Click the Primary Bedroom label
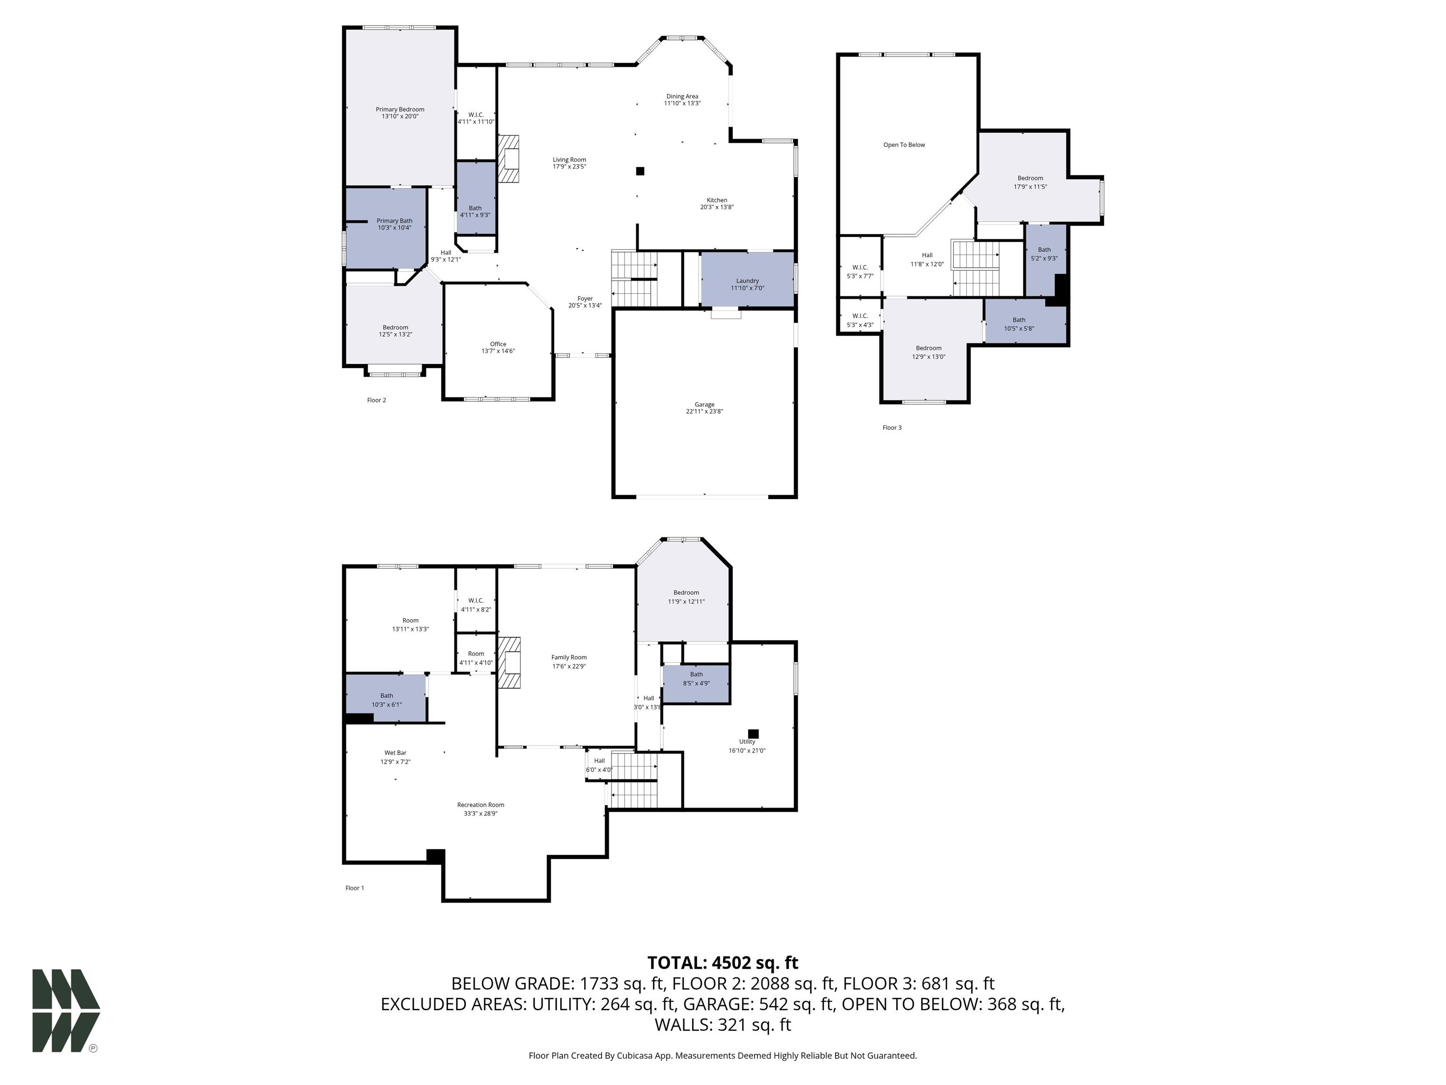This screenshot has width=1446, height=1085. click(400, 110)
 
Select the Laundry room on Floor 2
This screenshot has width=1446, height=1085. click(747, 281)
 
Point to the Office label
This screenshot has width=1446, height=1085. click(498, 344)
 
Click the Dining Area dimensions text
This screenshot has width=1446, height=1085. click(682, 103)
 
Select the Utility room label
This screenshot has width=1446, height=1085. click(747, 742)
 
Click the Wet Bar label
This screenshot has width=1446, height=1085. click(395, 753)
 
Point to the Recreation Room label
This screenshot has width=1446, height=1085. click(481, 805)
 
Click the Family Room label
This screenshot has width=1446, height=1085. click(569, 657)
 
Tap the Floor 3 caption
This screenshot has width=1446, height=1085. click(892, 428)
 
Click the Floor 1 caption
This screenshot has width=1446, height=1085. click(354, 888)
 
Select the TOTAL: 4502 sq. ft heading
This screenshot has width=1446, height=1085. click(723, 963)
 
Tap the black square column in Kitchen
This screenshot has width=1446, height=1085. click(640, 171)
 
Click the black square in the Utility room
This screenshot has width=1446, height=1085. click(753, 734)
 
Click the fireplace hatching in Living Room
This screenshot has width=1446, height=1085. click(508, 158)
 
